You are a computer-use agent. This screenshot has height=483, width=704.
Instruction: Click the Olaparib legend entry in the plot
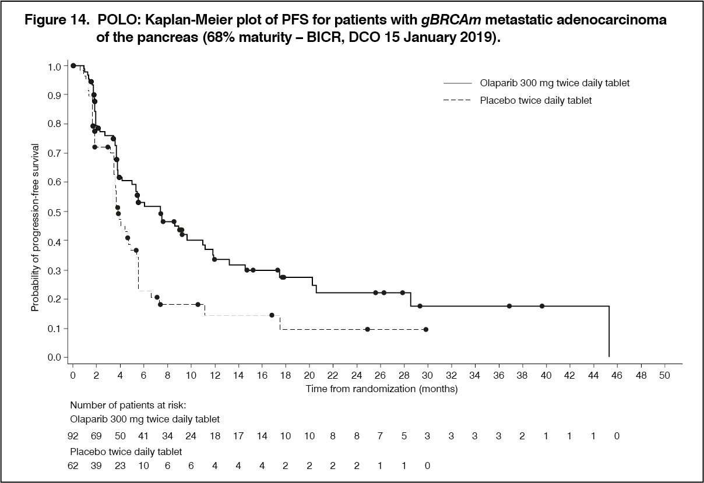click(537, 83)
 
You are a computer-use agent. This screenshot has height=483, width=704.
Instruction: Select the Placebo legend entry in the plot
click(518, 101)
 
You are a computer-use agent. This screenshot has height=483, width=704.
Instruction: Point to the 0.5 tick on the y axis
click(66, 211)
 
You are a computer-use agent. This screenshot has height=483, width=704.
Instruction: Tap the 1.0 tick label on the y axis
click(54, 66)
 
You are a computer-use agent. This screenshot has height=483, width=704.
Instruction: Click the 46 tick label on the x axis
click(617, 375)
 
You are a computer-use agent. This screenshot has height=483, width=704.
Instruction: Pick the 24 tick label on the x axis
click(357, 375)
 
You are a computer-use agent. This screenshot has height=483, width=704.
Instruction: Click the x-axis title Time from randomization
click(382, 389)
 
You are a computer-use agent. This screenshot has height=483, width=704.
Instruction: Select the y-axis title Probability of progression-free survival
click(35, 227)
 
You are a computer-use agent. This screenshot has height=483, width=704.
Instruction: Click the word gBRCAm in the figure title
click(451, 20)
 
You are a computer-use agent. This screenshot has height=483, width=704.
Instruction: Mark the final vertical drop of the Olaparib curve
click(609, 331)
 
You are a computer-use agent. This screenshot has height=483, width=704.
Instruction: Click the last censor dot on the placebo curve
click(426, 329)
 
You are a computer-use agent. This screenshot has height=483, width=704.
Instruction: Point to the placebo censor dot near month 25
click(367, 329)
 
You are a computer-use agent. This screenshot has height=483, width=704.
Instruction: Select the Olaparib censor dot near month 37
click(509, 306)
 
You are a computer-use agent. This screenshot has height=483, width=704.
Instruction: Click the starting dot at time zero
click(73, 66)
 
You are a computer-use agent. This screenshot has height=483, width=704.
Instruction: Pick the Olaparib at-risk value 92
click(73, 436)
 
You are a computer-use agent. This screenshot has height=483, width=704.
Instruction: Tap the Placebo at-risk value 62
click(73, 466)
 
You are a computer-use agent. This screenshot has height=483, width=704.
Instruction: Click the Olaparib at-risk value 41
click(143, 436)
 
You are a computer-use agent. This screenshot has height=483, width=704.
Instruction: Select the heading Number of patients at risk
click(128, 406)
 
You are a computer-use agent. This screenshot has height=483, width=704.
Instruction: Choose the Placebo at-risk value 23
click(120, 466)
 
